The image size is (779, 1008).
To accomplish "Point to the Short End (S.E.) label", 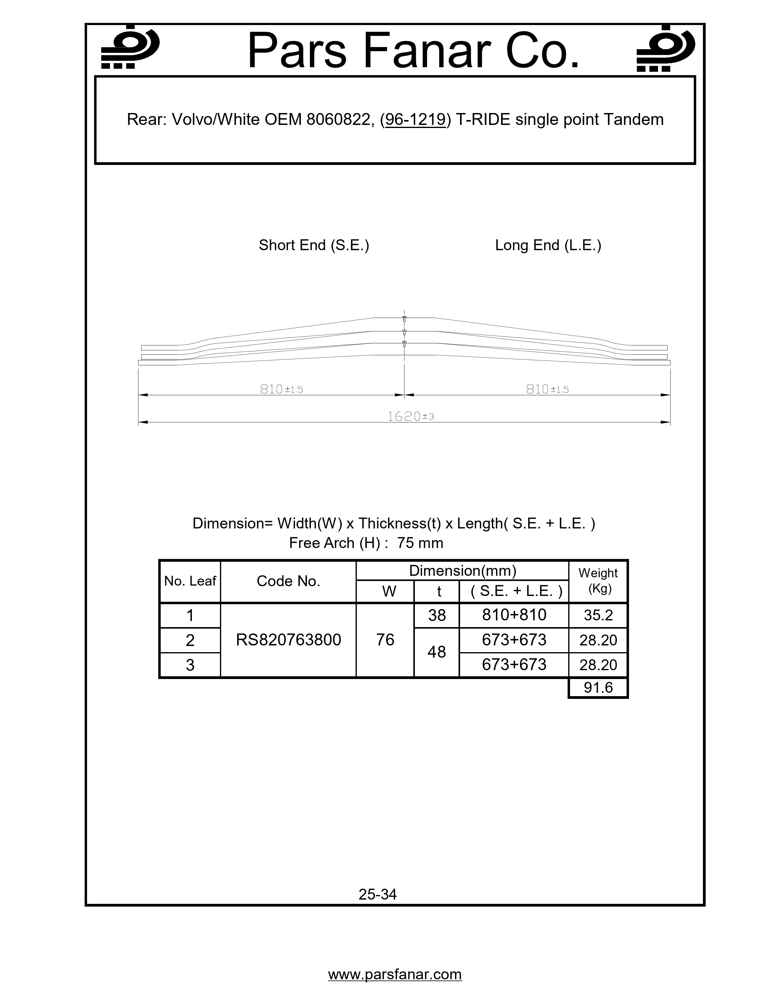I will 314,245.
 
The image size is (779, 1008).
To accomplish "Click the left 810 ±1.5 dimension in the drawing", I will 282,389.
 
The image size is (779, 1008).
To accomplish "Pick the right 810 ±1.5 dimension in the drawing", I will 547,389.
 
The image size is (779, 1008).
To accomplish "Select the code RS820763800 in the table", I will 288,640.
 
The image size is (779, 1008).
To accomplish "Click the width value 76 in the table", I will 385,640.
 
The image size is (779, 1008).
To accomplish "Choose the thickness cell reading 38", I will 437,615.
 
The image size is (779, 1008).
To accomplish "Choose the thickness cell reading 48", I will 437,652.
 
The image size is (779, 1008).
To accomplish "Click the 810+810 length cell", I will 514,615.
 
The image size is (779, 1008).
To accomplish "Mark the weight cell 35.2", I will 598,615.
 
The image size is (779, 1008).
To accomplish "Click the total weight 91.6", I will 598,688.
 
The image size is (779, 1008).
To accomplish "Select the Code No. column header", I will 288,581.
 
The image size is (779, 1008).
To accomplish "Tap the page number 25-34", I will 378,894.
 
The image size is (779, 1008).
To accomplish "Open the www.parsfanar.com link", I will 395,974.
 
